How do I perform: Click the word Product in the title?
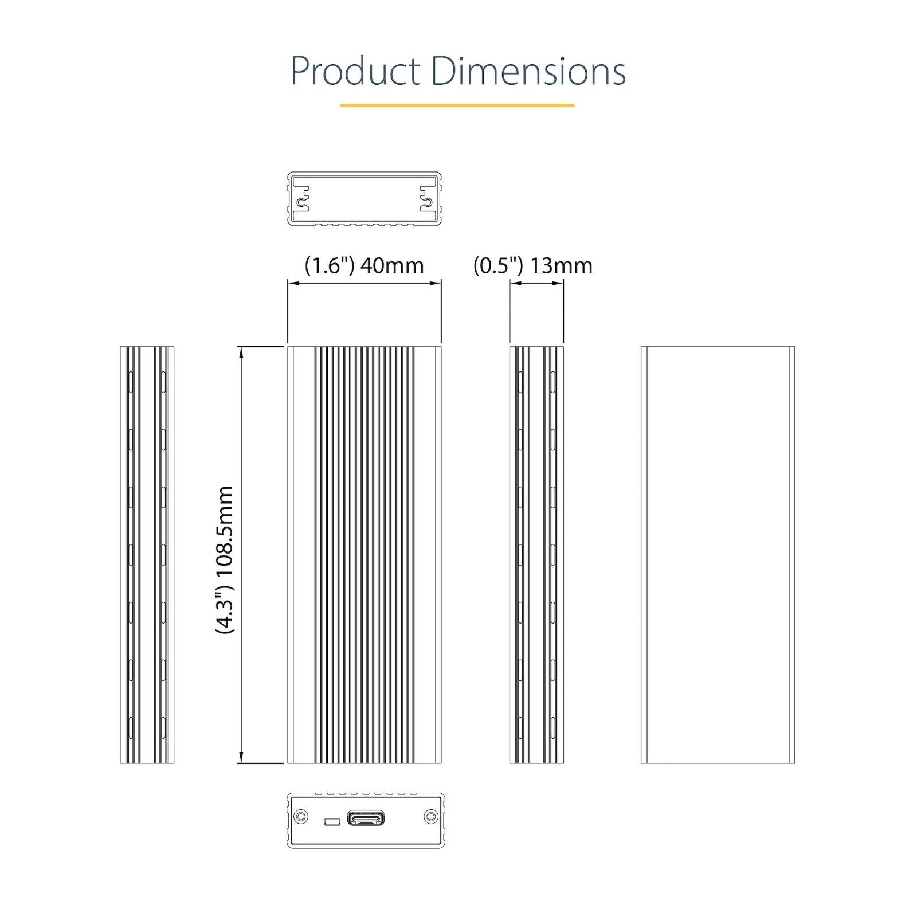(x=355, y=71)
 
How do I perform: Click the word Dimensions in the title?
(x=528, y=71)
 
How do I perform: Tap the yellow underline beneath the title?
(x=457, y=105)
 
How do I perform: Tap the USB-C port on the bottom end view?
(x=366, y=818)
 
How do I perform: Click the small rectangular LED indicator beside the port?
(x=332, y=822)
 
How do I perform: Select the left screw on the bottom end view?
(x=300, y=817)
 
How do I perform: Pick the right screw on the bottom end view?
(x=430, y=817)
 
